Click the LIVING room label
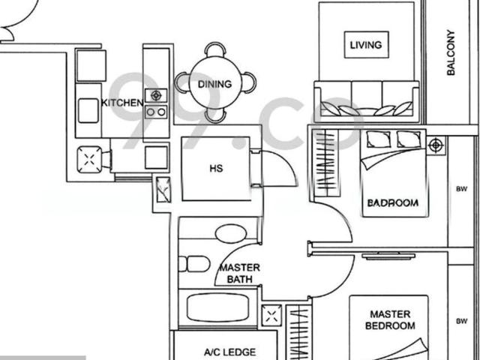pyautogui.click(x=366, y=45)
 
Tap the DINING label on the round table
pyautogui.click(x=214, y=84)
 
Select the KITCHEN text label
pyautogui.click(x=122, y=103)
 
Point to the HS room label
pyautogui.click(x=216, y=168)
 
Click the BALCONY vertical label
pyautogui.click(x=451, y=52)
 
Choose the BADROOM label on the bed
pyautogui.click(x=393, y=203)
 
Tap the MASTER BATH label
pyautogui.click(x=240, y=273)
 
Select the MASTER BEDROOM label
pyautogui.click(x=390, y=320)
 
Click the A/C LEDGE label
pyautogui.click(x=229, y=352)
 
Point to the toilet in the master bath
pyautogui.click(x=194, y=264)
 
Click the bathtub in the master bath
pyautogui.click(x=217, y=308)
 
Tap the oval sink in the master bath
pyautogui.click(x=231, y=234)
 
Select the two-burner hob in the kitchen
pyautogui.click(x=156, y=112)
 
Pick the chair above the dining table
pyautogui.click(x=215, y=49)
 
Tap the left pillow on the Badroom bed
pyautogui.click(x=378, y=139)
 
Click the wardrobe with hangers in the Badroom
pyautogui.click(x=325, y=163)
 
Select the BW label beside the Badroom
pyautogui.click(x=462, y=189)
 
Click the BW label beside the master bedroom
pyautogui.click(x=462, y=321)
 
